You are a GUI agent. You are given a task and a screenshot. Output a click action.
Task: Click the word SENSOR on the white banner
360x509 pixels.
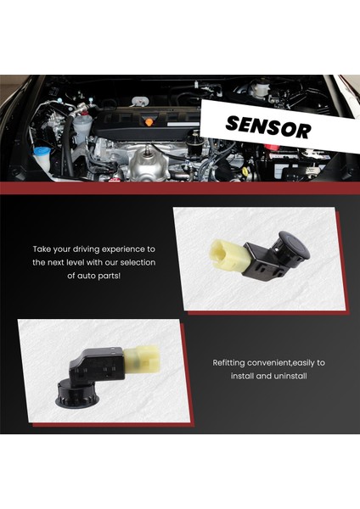(x=268, y=127)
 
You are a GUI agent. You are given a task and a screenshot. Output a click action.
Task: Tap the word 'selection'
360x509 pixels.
(x=143, y=263)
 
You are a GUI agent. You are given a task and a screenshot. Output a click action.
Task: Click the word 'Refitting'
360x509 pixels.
(x=229, y=362)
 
